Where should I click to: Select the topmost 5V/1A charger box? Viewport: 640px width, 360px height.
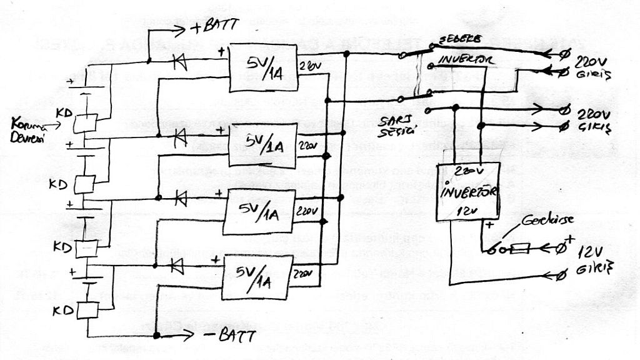point(262,68)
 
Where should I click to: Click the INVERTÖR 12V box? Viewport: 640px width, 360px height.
point(468,191)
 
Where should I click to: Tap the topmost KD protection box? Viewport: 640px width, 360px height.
point(86,123)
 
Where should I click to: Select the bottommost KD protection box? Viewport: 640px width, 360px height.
point(86,309)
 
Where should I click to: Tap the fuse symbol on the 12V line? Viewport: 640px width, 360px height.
point(520,251)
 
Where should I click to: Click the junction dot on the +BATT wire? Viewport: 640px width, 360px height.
point(149,61)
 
